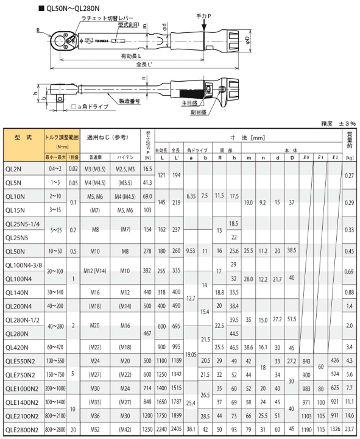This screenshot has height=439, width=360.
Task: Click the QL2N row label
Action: (x=13, y=168)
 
